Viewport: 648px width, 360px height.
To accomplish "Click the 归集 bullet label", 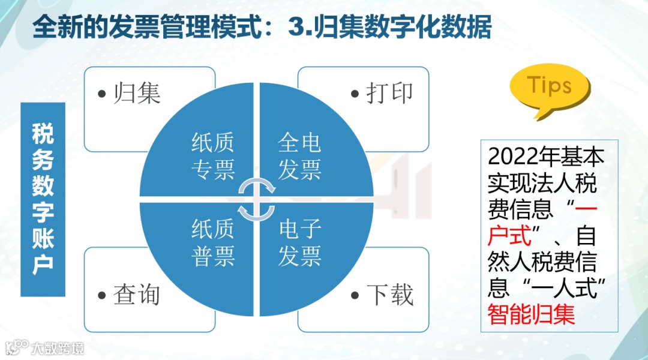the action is (x=137, y=94).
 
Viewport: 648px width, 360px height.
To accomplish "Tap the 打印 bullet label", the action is (x=390, y=94).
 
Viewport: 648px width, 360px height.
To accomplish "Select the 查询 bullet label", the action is (x=137, y=295).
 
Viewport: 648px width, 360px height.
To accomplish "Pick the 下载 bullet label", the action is (x=390, y=295).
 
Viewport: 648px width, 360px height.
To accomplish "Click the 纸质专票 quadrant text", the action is (x=212, y=157).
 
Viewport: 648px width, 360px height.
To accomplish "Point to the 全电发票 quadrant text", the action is (x=299, y=157).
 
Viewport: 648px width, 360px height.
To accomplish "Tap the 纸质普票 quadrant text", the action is (x=212, y=243).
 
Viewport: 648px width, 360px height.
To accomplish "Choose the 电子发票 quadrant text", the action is (x=299, y=243).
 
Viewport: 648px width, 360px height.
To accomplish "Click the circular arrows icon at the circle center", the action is (x=257, y=199).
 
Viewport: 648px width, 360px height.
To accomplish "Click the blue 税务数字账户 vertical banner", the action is (x=43, y=199).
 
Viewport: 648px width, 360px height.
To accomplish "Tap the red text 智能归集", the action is (x=532, y=314).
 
